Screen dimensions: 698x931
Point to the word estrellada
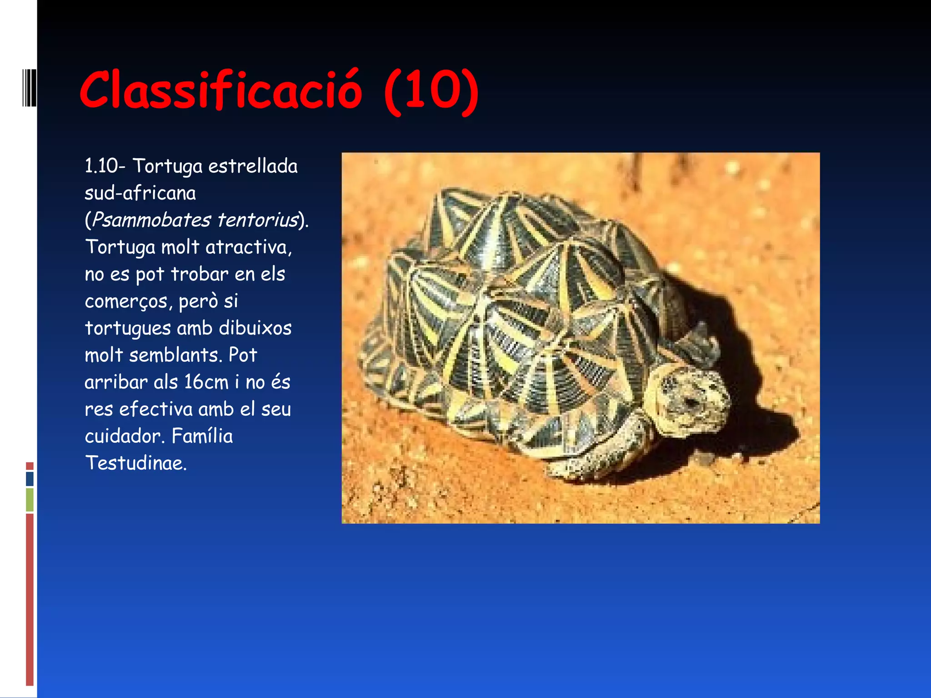(253, 166)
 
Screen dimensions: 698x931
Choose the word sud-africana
(140, 194)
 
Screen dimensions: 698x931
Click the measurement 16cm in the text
(206, 382)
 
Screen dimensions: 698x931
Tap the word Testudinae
(135, 464)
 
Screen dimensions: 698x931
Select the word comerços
(126, 301)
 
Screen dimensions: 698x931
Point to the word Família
(202, 436)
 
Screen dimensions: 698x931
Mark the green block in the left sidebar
(30, 499)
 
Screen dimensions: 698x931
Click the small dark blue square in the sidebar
(30, 479)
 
